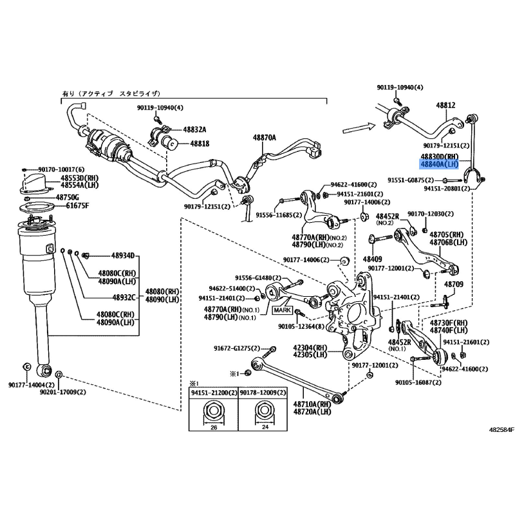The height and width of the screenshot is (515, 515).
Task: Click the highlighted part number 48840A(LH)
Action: pyautogui.click(x=440, y=165)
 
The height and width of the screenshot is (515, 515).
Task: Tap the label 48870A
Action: pyautogui.click(x=263, y=138)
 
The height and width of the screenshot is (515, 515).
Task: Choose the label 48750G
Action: pyautogui.click(x=68, y=197)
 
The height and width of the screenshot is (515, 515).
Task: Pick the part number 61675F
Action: pyautogui.click(x=67, y=206)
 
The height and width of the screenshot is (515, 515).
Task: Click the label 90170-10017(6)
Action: pyautogui.click(x=55, y=169)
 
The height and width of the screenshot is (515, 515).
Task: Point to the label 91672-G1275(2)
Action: pyautogui.click(x=236, y=348)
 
